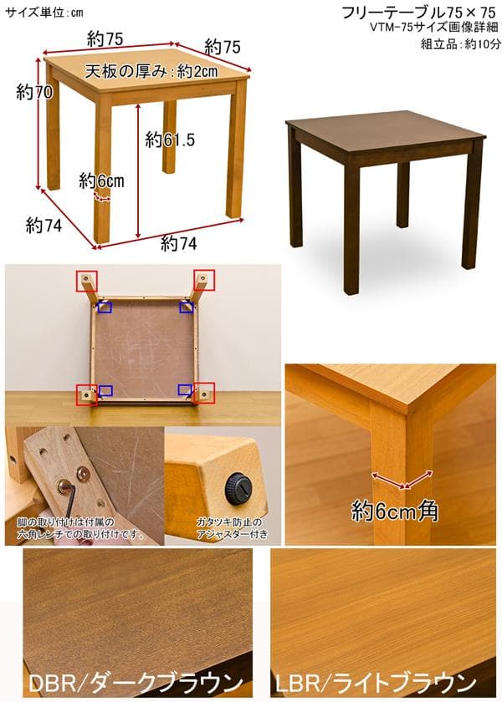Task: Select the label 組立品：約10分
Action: tap(460, 44)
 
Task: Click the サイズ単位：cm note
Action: tap(44, 12)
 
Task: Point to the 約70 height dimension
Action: tap(34, 93)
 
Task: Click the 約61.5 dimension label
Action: tap(170, 140)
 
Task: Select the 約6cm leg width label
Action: tap(102, 180)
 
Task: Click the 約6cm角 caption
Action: tap(396, 510)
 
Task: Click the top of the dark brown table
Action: tap(381, 134)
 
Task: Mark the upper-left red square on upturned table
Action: tap(86, 280)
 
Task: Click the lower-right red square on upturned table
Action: tap(203, 393)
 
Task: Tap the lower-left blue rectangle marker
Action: tap(105, 390)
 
